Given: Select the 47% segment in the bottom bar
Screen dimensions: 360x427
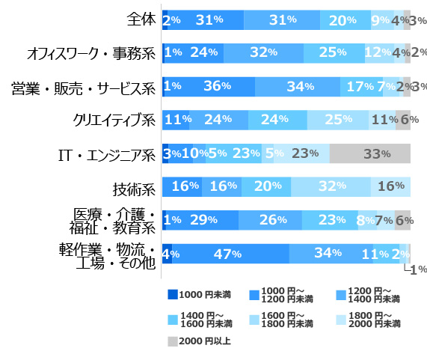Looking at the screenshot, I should pyautogui.click(x=230, y=254).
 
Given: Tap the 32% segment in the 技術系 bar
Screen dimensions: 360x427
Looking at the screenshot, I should pyautogui.click(x=330, y=186).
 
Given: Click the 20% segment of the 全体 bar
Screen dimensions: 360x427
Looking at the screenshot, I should pyautogui.click(x=345, y=20).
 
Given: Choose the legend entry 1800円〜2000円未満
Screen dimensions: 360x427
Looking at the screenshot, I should pyautogui.click(x=363, y=320).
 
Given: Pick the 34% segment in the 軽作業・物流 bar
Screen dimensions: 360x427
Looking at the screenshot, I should pyautogui.click(x=331, y=254).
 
